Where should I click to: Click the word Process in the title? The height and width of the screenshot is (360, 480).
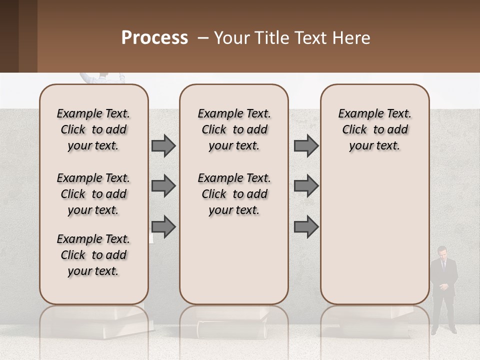coord(154,38)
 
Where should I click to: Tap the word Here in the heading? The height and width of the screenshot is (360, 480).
coord(351,38)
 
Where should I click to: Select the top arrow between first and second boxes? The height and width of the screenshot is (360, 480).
coord(163,145)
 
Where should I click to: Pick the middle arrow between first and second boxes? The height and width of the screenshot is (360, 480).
coord(163,186)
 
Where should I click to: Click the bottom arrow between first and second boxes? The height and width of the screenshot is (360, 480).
coord(163,226)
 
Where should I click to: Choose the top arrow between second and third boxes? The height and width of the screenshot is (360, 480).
coord(306,145)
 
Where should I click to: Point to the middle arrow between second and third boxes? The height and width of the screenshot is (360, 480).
coord(306,186)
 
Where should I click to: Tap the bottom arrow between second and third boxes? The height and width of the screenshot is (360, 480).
coord(306,226)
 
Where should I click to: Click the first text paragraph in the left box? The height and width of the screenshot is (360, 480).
coord(93,129)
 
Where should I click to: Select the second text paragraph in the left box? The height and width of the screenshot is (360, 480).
coord(93,194)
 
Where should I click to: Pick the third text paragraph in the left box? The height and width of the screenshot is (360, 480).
coord(93,255)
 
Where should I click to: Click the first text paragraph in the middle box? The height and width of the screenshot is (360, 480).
coord(234,129)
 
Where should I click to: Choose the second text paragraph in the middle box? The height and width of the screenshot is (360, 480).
coord(234,194)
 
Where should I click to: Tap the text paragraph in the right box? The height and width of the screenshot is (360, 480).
coord(374,129)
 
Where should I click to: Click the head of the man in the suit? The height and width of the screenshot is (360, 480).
coord(442,252)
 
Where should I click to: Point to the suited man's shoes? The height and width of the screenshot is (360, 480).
coord(444,331)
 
